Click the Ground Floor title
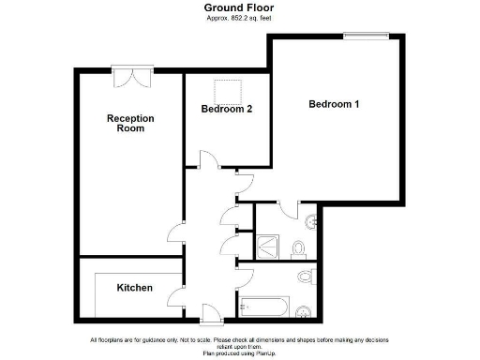(239, 7)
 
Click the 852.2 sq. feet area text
(239, 18)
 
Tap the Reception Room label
(130, 123)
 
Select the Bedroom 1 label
(334, 104)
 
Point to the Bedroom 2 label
(226, 110)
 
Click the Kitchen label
(134, 288)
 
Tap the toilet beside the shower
(298, 247)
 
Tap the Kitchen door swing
(175, 299)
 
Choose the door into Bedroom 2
(210, 160)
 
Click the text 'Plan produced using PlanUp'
(239, 354)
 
